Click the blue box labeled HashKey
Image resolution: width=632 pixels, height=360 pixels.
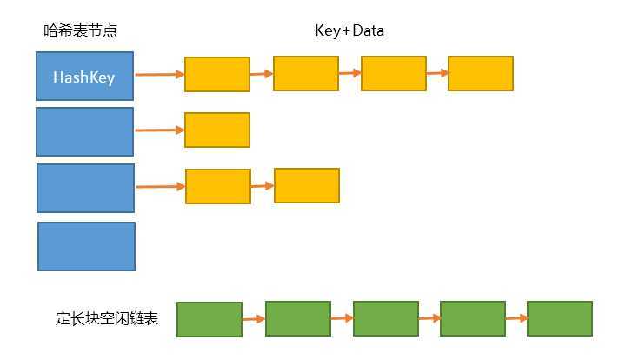84,77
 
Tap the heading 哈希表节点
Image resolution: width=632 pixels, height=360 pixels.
80,31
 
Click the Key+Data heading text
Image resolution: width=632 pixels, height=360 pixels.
349,31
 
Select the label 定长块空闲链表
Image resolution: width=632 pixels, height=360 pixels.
106,319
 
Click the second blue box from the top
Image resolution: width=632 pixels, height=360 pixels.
84,131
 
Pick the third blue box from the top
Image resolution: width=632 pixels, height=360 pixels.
85,188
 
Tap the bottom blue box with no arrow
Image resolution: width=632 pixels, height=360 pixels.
86,246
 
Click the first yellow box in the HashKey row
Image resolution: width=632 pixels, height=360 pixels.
217,75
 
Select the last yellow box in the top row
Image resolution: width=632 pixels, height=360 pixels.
481,74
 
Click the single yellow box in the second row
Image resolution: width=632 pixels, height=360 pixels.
217,130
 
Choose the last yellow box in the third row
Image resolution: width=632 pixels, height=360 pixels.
306,185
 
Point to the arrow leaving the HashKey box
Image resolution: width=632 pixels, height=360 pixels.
159,75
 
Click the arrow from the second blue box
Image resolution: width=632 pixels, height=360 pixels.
159,130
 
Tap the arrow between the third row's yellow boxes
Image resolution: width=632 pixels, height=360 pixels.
262,186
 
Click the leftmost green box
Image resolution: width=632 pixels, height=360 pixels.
210,319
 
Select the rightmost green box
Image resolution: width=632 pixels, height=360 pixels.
559,318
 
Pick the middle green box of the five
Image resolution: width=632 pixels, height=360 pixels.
385,318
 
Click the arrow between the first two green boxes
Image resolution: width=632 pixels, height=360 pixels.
253,319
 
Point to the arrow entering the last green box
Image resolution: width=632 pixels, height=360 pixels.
516,318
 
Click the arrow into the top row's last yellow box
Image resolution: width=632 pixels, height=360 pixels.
436,74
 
